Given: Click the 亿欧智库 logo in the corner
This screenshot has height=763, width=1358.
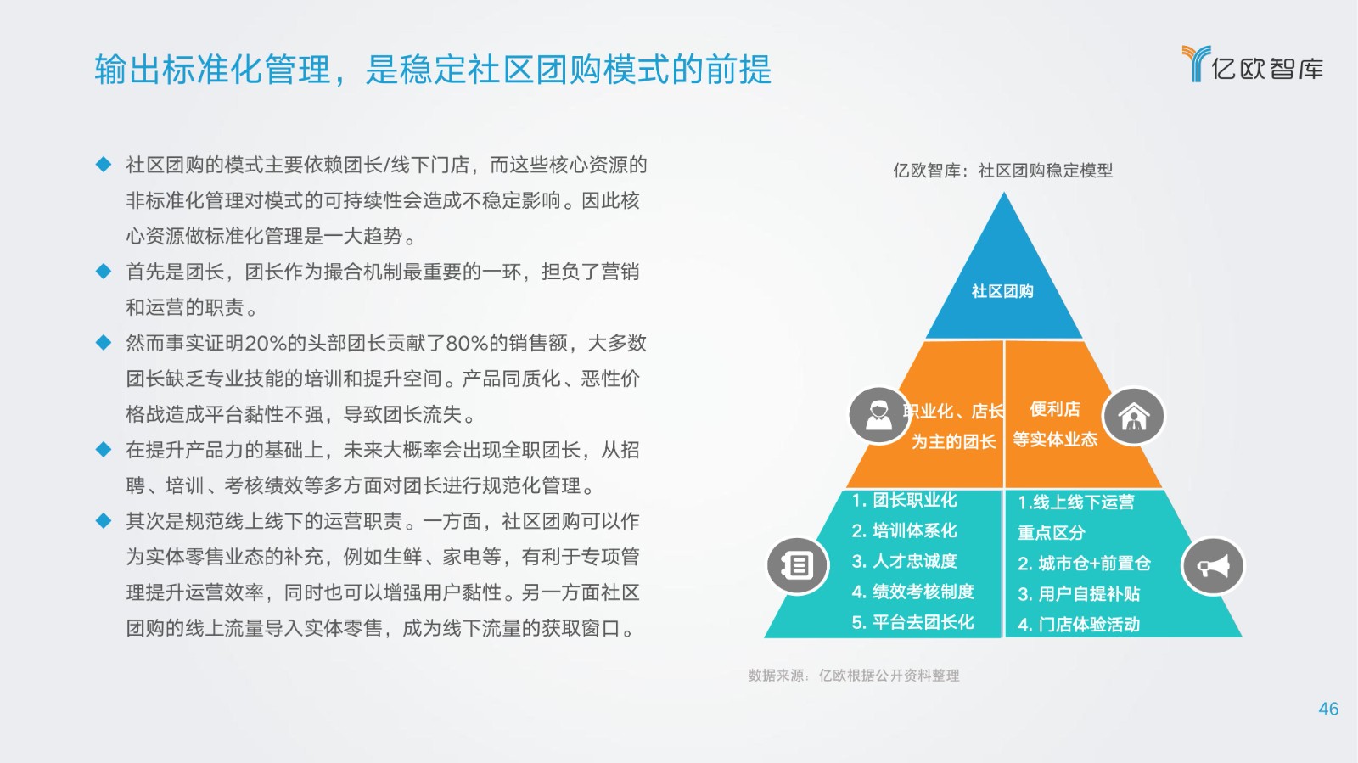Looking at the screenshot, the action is pyautogui.click(x=1253, y=64).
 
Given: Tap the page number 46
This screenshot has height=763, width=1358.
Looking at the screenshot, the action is pyautogui.click(x=1328, y=709).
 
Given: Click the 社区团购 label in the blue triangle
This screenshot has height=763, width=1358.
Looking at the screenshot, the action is pyautogui.click(x=1002, y=291).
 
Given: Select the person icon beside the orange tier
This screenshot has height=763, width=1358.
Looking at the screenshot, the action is pyautogui.click(x=878, y=416).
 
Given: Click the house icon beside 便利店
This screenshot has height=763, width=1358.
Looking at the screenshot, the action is pyautogui.click(x=1134, y=417).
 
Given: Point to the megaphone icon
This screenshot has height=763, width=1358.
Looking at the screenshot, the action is pyautogui.click(x=1213, y=566).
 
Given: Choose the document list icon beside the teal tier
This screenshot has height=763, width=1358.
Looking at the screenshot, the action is pyautogui.click(x=797, y=565).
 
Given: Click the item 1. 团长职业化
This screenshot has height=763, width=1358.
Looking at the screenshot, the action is pyautogui.click(x=905, y=501).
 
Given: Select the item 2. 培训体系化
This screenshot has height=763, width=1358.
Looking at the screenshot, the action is pyautogui.click(x=905, y=531).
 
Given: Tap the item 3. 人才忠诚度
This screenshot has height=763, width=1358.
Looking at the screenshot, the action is pyautogui.click(x=905, y=561).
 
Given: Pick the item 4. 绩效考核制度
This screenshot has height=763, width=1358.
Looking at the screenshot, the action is pyautogui.click(x=913, y=592).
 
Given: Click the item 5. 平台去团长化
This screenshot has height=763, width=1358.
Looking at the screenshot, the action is pyautogui.click(x=913, y=622).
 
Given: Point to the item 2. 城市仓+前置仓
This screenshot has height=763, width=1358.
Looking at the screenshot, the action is pyautogui.click(x=1084, y=564).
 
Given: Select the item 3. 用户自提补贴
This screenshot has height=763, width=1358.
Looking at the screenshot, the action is pyautogui.click(x=1079, y=594).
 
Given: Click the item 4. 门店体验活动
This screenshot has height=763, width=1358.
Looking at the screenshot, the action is pyautogui.click(x=1079, y=624).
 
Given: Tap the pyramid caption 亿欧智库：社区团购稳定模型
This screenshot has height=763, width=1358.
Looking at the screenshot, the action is pyautogui.click(x=1002, y=171).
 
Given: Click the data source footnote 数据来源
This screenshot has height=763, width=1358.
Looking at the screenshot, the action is pyautogui.click(x=854, y=676).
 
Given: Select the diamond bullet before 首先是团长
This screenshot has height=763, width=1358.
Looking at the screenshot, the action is pyautogui.click(x=104, y=271).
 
